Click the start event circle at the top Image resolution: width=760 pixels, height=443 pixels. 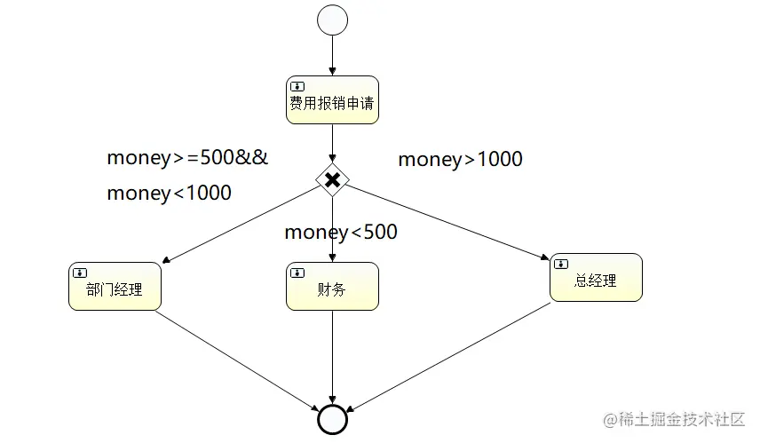332,20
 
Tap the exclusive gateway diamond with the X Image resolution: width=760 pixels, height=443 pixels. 332,180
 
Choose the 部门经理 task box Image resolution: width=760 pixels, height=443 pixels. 115,286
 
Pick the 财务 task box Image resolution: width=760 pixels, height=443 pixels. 332,286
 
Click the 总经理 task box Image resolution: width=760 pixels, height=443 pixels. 596,277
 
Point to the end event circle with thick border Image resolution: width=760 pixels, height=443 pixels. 332,419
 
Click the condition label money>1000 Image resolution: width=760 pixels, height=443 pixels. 460,160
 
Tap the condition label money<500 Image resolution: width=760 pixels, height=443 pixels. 341,233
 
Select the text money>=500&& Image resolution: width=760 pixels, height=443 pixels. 187,158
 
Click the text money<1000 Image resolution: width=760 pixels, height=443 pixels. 169,193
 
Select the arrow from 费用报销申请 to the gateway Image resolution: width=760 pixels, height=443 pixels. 332,143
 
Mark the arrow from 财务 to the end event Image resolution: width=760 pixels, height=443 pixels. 332,355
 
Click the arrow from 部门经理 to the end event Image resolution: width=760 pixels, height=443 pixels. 235,360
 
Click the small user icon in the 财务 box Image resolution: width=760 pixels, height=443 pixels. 297,273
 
